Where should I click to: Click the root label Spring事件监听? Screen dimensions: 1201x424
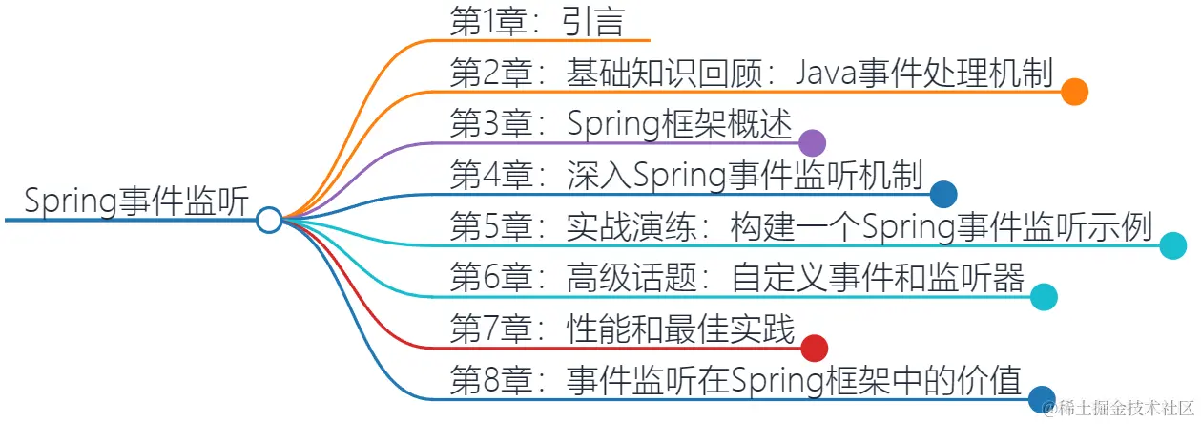[x=136, y=201]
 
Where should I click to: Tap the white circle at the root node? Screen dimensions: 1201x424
[x=270, y=221]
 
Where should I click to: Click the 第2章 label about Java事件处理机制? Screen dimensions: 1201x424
[x=751, y=72]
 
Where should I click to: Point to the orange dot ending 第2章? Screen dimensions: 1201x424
[x=1075, y=92]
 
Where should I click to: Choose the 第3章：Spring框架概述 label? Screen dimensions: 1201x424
[x=620, y=123]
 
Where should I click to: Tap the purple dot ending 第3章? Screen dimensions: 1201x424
[x=811, y=143]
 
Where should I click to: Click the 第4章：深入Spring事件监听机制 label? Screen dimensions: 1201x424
[x=686, y=175]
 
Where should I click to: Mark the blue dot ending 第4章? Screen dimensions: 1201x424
[x=943, y=195]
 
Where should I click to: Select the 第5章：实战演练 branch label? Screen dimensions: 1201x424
[x=801, y=227]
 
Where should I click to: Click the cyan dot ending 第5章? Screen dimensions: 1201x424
[x=1172, y=246]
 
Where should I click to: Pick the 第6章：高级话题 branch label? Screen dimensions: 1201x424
[x=736, y=278]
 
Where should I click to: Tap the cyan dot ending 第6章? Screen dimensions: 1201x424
[x=1044, y=298]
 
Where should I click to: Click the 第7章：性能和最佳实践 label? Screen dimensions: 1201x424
[x=622, y=329]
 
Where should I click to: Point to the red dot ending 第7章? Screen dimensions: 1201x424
[x=814, y=349]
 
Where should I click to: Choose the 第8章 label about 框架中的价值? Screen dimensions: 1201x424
[x=735, y=380]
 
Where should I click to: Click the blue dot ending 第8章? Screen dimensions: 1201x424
[x=1042, y=399]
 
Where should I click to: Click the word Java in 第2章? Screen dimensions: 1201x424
[x=827, y=72]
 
